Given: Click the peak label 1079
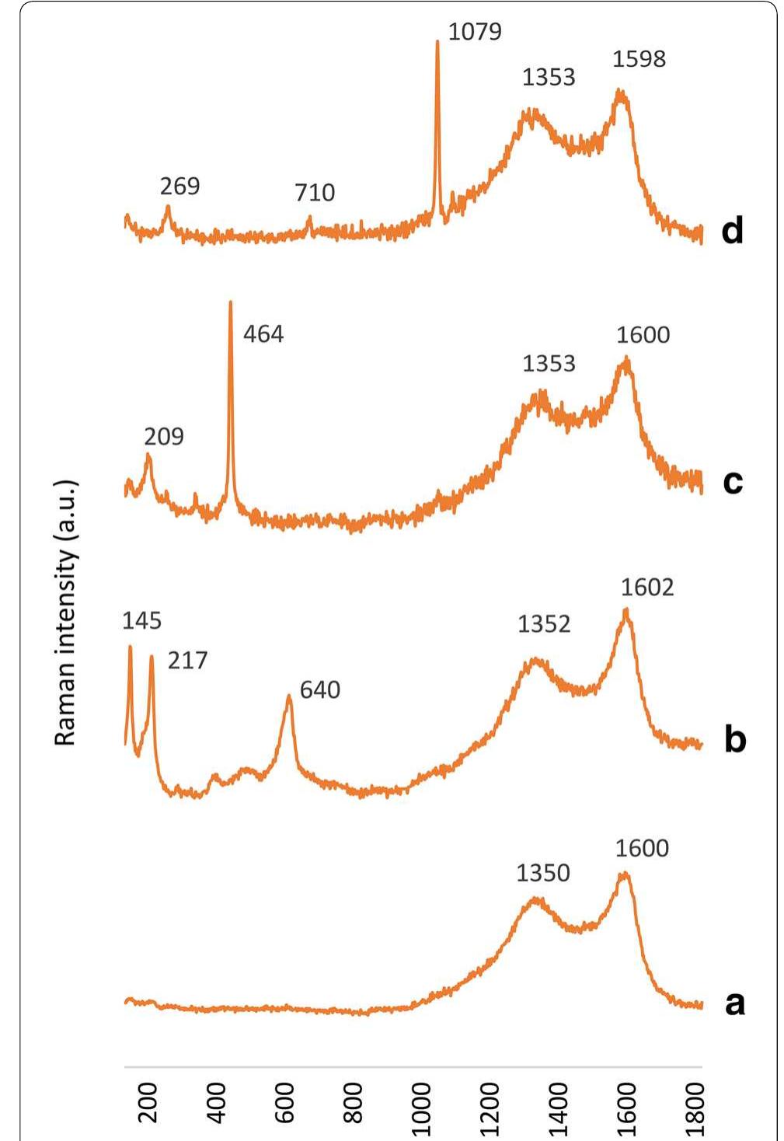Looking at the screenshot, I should pos(475,32).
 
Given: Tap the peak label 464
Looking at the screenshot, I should pos(263,334).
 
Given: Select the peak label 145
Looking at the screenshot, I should pos(141,620).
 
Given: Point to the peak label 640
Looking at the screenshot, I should pos(320,689).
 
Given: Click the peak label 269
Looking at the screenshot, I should pos(179,187).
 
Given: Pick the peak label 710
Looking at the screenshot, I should pos(315,193).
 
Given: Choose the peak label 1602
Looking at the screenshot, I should pos(647,587).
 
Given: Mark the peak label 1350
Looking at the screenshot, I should pos(543,873).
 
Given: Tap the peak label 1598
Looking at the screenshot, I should pos(639,59).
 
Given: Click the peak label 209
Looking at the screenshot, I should pos(164,437).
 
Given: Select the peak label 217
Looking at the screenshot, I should pos(188,661).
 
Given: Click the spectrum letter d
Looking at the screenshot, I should pos(732,231).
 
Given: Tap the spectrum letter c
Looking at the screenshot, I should pos(733,482).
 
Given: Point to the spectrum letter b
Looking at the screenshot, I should pos(734,739).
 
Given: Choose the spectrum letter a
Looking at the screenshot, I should pos(734,1003).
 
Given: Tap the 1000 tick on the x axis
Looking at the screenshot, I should pos(421,1102).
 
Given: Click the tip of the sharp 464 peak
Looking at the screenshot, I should pos(230,302).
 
